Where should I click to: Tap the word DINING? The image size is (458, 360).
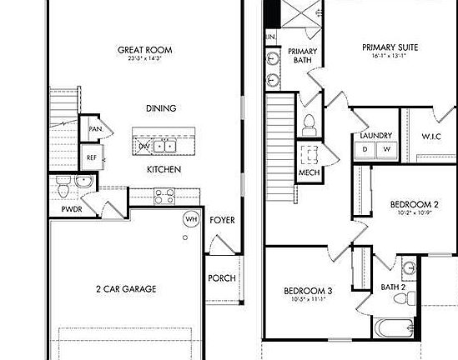coord(161,108)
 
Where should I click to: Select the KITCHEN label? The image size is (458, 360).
coord(164,169)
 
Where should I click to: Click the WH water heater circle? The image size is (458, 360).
coord(190,219)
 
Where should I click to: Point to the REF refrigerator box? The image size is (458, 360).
coord(92,157)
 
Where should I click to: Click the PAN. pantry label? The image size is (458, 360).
coord(95,130)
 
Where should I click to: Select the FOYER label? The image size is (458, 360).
coord(222,221)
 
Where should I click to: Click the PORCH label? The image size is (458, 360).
coord(221,278)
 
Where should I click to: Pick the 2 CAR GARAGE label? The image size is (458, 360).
coord(125,289)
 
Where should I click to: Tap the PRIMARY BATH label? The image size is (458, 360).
coord(302,57)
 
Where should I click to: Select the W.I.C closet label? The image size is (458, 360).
coord(430,136)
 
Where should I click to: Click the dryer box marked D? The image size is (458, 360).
coord(365,149)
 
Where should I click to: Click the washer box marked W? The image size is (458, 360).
coord(386,149)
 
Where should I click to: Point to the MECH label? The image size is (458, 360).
coord(310,173)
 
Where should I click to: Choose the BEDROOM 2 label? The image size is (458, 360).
coord(414,204)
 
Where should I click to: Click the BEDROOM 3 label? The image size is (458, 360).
coord(308,291)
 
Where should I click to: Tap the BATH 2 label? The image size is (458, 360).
coord(393,287)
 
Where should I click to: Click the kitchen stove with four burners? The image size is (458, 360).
coord(164,197)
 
